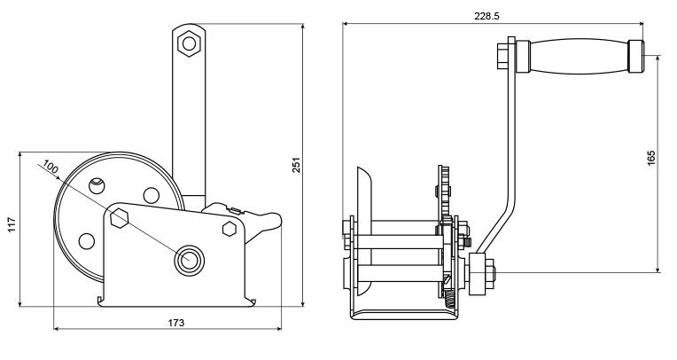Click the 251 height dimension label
click(296, 165)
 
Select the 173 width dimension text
click(175, 323)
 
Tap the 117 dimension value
click(12, 224)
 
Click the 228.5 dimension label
click(487, 17)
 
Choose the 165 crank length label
click(651, 158)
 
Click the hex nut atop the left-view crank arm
click(189, 43)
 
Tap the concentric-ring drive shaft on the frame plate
click(189, 259)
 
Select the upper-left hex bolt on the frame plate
click(119, 217)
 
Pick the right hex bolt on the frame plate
click(230, 229)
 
